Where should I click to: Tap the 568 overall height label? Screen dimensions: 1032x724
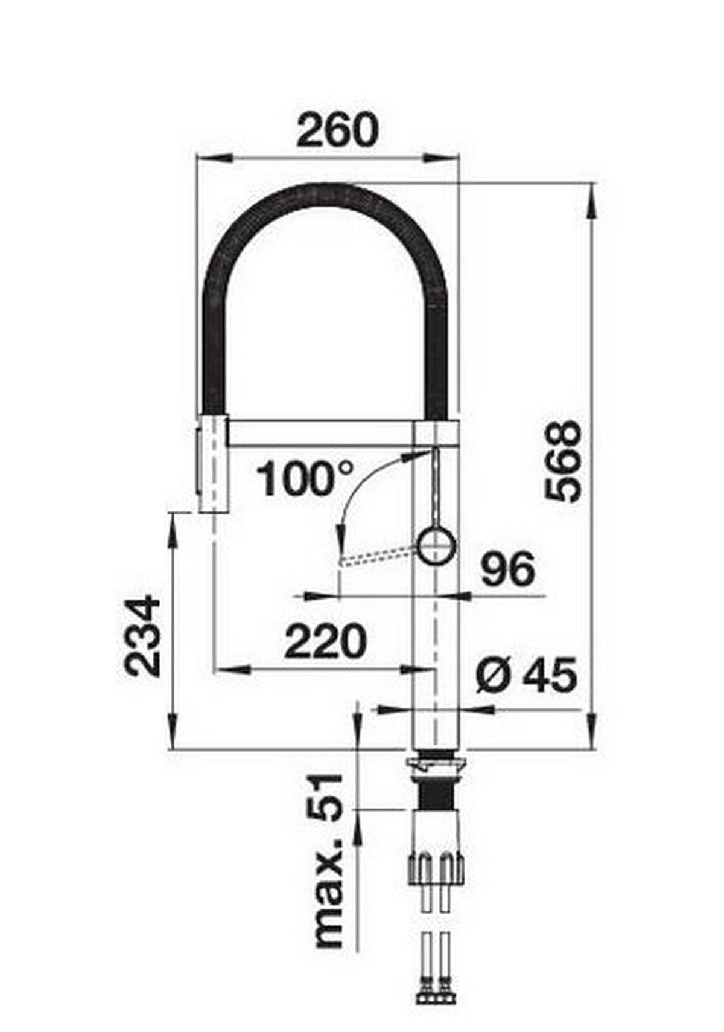563,461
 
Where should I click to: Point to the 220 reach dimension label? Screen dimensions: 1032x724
325,641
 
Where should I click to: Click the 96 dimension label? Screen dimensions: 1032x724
508,569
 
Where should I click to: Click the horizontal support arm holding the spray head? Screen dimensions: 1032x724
320,433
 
